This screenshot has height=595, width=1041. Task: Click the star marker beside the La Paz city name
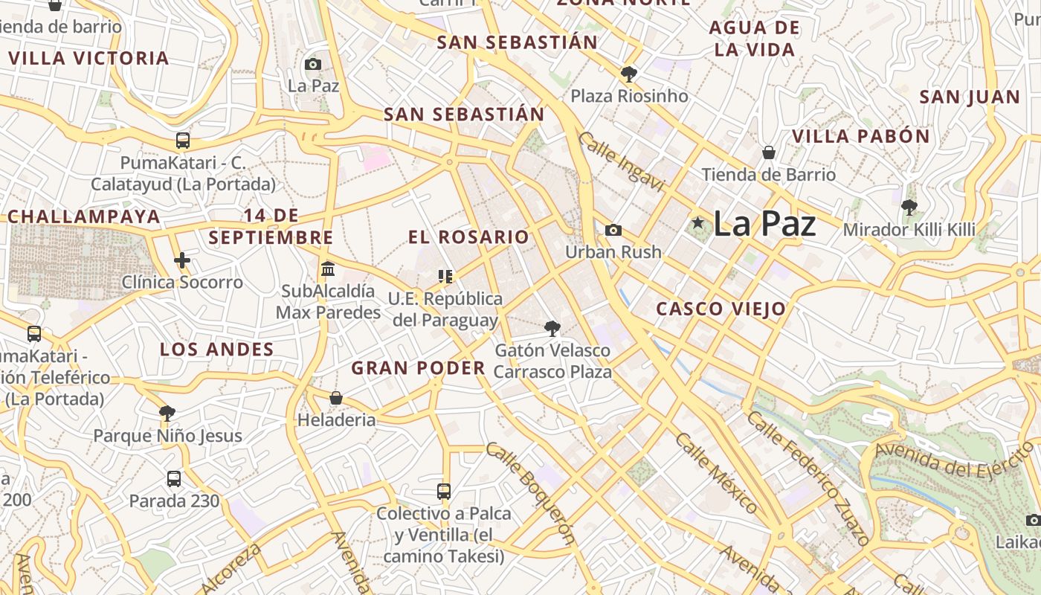click(x=697, y=223)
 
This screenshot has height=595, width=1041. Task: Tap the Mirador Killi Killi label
click(x=909, y=229)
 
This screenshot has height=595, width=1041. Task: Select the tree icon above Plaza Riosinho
click(x=628, y=74)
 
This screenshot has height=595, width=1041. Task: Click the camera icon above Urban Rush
click(x=613, y=230)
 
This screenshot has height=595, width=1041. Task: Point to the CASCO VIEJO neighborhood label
click(x=721, y=309)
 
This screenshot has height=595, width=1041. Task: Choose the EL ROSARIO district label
click(x=468, y=237)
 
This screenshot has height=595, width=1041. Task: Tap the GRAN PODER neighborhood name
click(x=418, y=367)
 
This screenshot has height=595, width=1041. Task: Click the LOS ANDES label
click(x=217, y=349)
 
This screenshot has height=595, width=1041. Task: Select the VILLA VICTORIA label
click(x=88, y=58)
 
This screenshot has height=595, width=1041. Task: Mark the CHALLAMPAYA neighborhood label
click(x=84, y=216)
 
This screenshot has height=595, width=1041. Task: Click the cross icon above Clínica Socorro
click(x=182, y=260)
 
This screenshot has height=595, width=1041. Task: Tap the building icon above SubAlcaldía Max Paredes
click(x=328, y=268)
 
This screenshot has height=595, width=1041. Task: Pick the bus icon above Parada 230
click(x=174, y=478)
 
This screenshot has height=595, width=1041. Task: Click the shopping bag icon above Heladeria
click(x=336, y=398)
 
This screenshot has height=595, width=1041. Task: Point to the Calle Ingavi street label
click(x=620, y=162)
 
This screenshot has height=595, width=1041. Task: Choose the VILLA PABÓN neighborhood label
click(x=860, y=136)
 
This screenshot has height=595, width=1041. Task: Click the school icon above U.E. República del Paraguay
click(x=445, y=277)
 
